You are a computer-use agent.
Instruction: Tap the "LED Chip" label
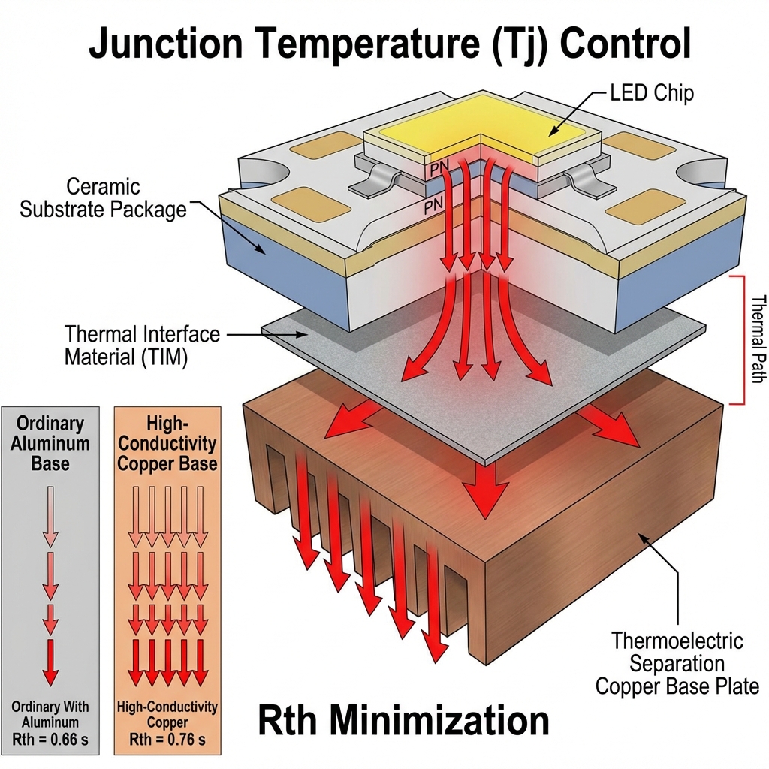click(x=651, y=95)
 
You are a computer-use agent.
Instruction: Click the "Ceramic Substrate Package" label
click(x=103, y=198)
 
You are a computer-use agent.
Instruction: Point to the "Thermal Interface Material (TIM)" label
click(x=142, y=344)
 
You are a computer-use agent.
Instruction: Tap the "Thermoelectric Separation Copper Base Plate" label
click(x=676, y=664)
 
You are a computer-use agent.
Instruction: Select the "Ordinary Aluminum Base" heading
click(x=50, y=443)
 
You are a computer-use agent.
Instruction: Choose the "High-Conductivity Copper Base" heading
click(x=167, y=443)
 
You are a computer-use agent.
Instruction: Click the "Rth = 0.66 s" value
click(x=50, y=740)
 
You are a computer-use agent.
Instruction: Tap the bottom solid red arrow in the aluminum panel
click(x=50, y=661)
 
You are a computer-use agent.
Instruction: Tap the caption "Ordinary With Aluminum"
click(x=50, y=713)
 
